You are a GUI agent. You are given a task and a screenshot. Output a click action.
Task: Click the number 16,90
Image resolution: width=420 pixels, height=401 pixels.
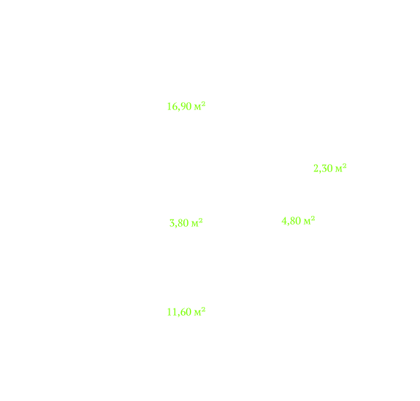[179, 106]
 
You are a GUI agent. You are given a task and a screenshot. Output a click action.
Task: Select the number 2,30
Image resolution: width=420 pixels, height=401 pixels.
[324, 168]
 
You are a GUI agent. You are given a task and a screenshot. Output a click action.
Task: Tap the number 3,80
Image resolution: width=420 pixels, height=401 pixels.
[179, 223]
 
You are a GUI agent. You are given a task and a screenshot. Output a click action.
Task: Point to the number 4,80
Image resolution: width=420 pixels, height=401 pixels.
[291, 221]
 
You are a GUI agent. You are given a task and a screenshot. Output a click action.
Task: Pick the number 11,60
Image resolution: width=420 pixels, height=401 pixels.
[179, 312]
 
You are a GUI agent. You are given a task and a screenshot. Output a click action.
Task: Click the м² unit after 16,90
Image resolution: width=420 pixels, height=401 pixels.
[199, 106]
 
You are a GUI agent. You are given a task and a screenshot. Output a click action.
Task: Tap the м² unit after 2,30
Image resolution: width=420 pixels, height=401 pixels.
[341, 168]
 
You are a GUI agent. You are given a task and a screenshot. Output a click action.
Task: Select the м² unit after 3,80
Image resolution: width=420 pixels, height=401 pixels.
[197, 222]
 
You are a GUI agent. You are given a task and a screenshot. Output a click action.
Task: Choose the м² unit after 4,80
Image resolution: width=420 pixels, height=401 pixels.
[309, 220]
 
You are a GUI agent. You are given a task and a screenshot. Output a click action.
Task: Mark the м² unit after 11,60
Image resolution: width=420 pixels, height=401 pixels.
[199, 311]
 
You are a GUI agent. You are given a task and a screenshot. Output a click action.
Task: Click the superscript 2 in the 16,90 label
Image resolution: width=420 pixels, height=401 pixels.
[203, 104]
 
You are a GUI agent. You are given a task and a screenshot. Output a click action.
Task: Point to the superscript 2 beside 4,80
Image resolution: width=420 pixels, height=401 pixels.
[313, 218]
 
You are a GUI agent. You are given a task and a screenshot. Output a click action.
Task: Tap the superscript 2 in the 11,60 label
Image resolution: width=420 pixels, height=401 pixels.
[203, 309]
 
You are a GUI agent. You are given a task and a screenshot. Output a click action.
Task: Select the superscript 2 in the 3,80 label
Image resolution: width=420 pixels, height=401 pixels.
[201, 220]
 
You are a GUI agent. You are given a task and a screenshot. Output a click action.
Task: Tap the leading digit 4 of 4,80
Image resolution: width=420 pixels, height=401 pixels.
[284, 221]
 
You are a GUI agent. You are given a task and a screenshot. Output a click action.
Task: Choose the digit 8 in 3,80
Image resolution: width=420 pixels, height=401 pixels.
[180, 222]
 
